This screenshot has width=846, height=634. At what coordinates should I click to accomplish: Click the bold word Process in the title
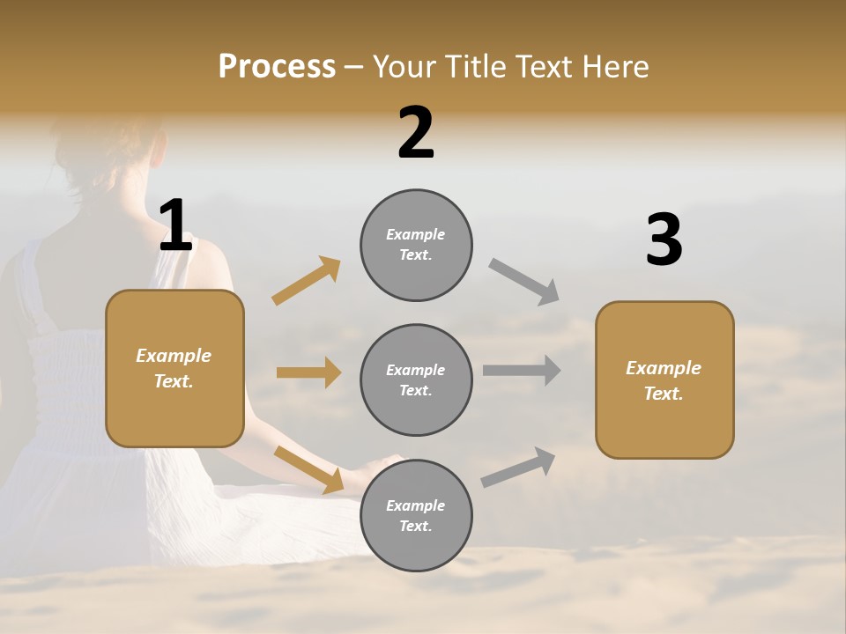[277, 67]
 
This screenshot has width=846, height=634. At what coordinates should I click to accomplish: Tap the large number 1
[175, 225]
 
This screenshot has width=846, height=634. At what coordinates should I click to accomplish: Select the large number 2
[416, 133]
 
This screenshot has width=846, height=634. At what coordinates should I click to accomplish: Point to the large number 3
[664, 240]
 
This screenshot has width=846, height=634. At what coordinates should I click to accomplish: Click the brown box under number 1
[174, 368]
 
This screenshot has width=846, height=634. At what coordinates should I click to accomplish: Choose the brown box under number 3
[664, 380]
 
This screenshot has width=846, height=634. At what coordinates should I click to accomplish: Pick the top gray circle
[416, 245]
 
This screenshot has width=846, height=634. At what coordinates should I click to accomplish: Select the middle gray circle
[416, 380]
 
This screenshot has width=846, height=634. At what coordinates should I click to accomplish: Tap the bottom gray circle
[416, 515]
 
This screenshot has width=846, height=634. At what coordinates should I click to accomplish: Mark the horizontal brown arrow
[308, 372]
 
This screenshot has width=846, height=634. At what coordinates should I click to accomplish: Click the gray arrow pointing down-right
[523, 282]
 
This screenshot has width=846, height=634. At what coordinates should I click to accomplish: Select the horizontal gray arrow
[521, 371]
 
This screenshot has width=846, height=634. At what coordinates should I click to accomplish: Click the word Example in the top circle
[415, 234]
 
